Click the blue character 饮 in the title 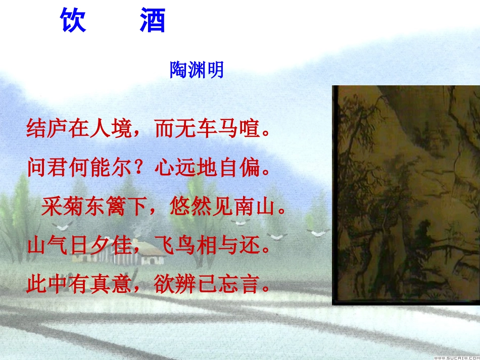point(74,21)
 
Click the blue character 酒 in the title point(152,21)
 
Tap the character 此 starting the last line point(35,285)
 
